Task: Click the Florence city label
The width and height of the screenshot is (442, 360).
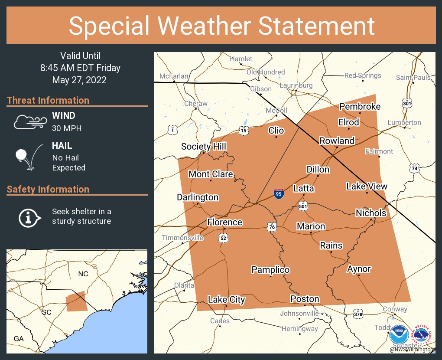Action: click(x=224, y=223)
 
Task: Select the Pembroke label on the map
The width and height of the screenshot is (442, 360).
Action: click(x=360, y=107)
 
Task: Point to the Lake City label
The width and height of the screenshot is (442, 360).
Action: click(x=226, y=300)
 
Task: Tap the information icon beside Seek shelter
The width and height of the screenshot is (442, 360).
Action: click(x=29, y=217)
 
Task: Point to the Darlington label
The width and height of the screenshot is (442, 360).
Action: click(x=198, y=197)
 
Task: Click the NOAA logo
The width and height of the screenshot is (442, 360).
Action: click(x=399, y=335)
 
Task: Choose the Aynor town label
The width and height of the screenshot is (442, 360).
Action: click(x=359, y=269)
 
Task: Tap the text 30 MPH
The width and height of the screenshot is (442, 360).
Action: click(x=67, y=128)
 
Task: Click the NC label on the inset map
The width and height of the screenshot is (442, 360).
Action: click(x=83, y=274)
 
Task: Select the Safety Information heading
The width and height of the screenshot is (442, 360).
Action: click(x=48, y=190)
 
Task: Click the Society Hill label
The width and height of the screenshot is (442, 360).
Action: click(x=204, y=147)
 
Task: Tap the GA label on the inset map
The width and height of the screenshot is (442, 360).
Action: click(x=19, y=339)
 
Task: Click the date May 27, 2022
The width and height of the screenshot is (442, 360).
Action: click(x=79, y=80)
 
